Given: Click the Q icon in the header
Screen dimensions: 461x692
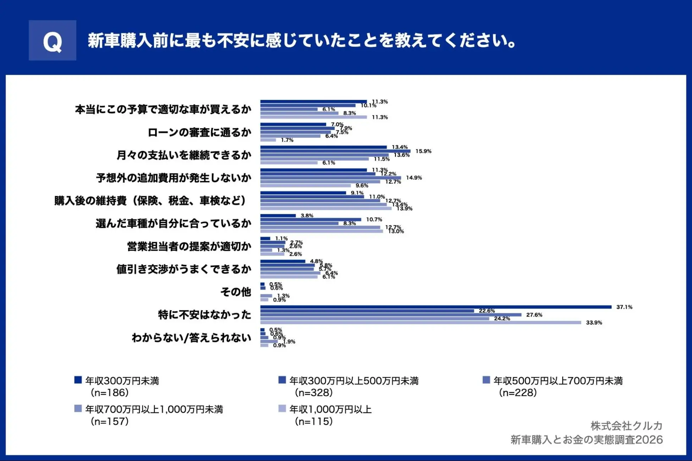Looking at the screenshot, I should point(52,40).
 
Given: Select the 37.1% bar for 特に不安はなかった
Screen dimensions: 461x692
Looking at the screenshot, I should point(435,307).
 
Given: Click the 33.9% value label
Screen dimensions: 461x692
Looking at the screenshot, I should point(594,323).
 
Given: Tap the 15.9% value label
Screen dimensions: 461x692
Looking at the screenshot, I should point(423,151).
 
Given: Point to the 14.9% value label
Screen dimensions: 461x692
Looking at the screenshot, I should point(414,178).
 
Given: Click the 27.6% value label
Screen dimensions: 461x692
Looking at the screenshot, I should point(534,315).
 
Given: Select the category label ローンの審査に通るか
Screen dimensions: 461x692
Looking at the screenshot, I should point(199,132).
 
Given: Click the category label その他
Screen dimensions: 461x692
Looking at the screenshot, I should point(236,292).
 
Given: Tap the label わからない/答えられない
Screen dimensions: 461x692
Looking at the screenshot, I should point(191,338).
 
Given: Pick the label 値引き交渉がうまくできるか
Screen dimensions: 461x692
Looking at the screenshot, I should point(183,269).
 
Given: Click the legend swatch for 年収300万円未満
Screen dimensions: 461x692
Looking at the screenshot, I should point(78,380).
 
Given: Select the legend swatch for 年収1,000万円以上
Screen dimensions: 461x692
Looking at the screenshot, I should point(282,409).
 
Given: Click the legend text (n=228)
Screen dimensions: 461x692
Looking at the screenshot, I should point(517,393).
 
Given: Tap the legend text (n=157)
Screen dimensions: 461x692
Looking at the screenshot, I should point(109,421).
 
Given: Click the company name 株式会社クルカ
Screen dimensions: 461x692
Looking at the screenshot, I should point(626,426).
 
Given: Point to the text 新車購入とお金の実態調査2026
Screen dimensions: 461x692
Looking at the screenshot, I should point(586,440).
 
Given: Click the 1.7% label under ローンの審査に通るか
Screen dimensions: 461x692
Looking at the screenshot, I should point(287,140).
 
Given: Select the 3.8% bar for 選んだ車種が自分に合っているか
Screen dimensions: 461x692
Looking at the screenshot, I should point(278,216).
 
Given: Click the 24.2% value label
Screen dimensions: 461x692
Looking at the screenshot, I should point(502,319).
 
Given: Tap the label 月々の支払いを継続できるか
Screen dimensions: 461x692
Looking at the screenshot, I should point(183,155).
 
